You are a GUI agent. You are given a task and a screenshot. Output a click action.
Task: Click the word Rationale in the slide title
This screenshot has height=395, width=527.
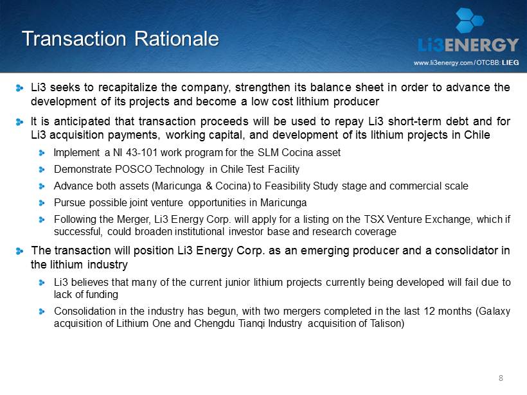coord(177,39)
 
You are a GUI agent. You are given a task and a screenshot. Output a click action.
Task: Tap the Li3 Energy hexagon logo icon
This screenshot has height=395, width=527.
coord(470,20)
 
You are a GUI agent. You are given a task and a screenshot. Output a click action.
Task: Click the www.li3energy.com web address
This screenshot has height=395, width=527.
coord(443,63)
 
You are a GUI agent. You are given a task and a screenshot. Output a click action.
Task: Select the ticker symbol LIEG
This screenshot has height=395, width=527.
coord(510,62)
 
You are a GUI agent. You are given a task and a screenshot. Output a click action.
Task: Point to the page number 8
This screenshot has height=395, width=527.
coord(501,378)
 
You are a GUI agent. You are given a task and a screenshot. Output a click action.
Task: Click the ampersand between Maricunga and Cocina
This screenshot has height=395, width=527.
coord(209,186)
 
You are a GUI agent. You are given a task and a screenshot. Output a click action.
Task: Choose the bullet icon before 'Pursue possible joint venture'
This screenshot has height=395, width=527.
coord(42,203)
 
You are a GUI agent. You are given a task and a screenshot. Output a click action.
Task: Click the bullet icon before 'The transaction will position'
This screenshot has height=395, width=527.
coord(19,251)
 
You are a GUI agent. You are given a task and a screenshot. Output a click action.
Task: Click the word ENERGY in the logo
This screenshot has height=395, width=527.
coord(481,45)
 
